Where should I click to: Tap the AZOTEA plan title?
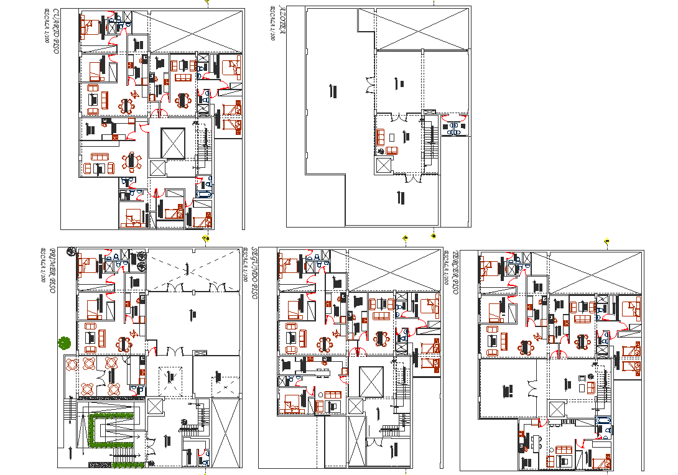point(281,21)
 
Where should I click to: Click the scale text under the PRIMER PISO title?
point(43,264)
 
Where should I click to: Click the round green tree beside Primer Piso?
point(63,342)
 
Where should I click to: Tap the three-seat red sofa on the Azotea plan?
point(391,150)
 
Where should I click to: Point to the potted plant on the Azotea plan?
point(381,150)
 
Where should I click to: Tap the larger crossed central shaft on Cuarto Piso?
point(172,144)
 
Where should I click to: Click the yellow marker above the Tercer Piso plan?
point(606,240)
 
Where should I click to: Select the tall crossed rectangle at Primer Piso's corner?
point(225,433)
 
